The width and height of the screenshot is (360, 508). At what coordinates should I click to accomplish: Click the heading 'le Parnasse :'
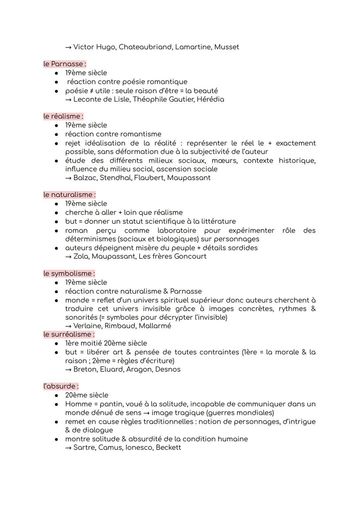pos(65,64)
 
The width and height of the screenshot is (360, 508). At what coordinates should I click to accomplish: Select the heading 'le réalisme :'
pos(63,116)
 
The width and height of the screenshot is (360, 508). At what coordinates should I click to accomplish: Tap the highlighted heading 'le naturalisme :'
pos(69,195)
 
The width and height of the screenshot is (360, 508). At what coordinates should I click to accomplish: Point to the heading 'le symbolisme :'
pos(69,273)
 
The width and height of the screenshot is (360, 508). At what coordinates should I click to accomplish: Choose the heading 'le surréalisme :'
pos(69,334)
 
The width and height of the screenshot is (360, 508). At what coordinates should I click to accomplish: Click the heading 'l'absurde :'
pos(61,386)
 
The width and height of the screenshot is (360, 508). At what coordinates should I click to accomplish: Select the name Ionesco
pos(139,447)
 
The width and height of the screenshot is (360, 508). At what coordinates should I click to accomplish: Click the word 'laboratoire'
pos(176,231)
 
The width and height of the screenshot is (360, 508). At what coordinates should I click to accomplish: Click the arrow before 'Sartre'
pos(68,448)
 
